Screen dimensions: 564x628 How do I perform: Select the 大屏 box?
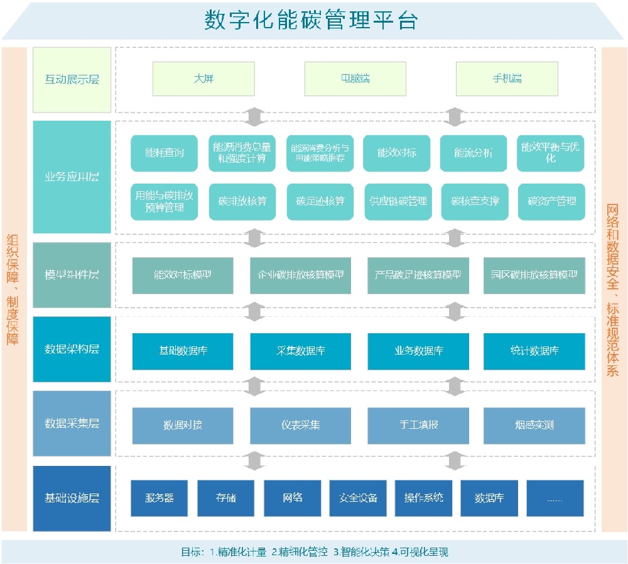pos(203,79)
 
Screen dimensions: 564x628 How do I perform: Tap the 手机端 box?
pos(507,79)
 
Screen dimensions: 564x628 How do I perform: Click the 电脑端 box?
pos(355,79)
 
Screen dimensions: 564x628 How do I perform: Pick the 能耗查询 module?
pos(164,153)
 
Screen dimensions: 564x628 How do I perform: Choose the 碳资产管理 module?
pos(551,201)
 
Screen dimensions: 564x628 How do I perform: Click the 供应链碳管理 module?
pos(398,201)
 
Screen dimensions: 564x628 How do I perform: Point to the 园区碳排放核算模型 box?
pos(534,275)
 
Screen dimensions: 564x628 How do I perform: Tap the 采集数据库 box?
pos(300,351)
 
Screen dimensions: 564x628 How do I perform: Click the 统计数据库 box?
pos(534,351)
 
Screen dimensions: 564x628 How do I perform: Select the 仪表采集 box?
pos(300,425)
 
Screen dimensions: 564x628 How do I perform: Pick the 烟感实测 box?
pos(534,425)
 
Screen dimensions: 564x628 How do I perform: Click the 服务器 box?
pos(159,498)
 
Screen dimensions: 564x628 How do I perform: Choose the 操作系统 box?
pos(423,498)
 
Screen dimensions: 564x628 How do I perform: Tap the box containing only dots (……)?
pos(555,498)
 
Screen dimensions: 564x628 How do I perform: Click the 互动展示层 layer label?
pos(72,80)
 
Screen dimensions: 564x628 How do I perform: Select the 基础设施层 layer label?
pos(72,498)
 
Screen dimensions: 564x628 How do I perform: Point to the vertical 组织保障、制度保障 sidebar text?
pos(13,289)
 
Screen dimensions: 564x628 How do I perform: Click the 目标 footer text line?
pos(314,552)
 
